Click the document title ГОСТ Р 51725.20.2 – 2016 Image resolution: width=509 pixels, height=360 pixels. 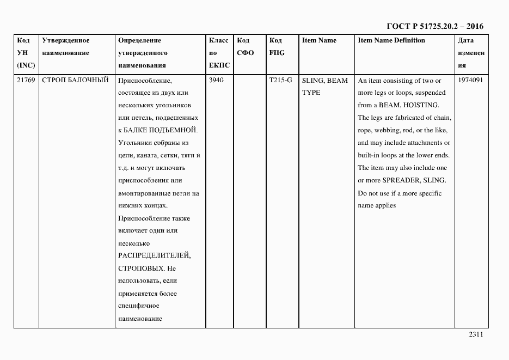coord(434,26)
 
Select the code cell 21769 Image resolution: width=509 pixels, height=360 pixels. coord(26,80)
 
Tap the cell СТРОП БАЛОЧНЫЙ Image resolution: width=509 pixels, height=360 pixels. coord(75,80)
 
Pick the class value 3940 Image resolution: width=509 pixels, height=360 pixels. coord(216,80)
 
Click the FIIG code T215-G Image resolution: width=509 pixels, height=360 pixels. coord(280,80)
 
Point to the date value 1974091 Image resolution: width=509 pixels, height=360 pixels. coord(471,80)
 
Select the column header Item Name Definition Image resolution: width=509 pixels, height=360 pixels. coord(391,40)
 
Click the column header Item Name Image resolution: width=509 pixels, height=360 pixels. coord(319,40)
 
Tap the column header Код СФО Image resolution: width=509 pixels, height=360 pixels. coord(246,46)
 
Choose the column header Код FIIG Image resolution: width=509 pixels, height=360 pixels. coord(277,46)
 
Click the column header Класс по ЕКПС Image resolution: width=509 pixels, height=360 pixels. coord(219,53)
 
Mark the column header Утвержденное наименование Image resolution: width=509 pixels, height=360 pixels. coord(66,46)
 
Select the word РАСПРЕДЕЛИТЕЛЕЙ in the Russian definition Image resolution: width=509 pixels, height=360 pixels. coord(154,256)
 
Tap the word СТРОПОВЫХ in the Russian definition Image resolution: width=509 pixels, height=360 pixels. coord(139,269)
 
